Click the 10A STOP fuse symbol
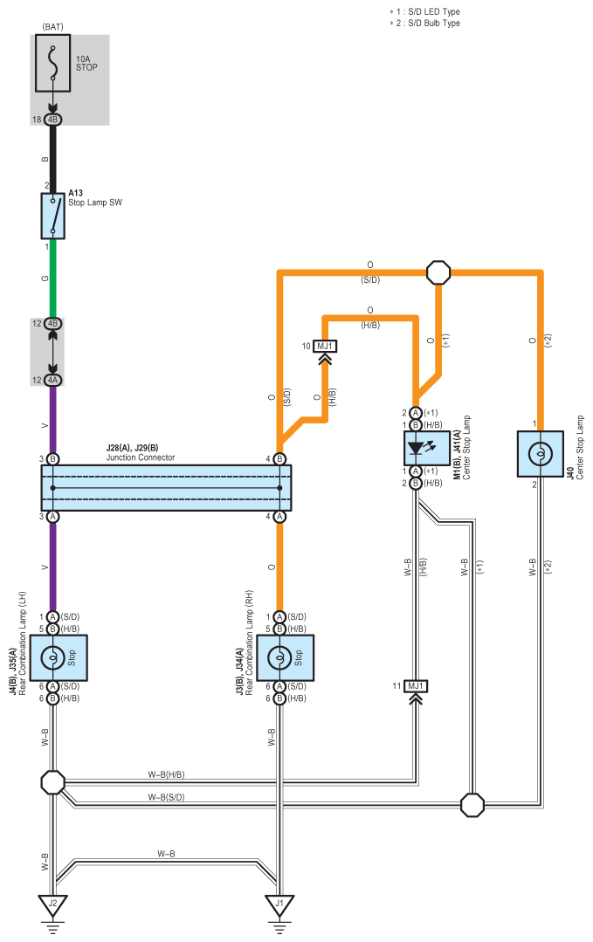pyautogui.click(x=53, y=63)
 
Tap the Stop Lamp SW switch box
pyautogui.click(x=53, y=216)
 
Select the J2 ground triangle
pyautogui.click(x=53, y=905)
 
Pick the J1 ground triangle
pyautogui.click(x=279, y=905)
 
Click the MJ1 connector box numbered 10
pyautogui.click(x=325, y=346)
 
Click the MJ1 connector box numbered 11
pyautogui.click(x=415, y=686)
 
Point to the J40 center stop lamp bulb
pyautogui.click(x=540, y=454)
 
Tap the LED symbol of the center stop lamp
pyautogui.click(x=415, y=448)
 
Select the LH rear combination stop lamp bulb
pyautogui.click(x=53, y=658)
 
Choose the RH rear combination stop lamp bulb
pyautogui.click(x=279, y=658)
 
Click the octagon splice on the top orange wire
pyautogui.click(x=438, y=272)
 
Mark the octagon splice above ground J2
pyautogui.click(x=53, y=782)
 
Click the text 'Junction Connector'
pyautogui.click(x=141, y=457)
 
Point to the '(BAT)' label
pyautogui.click(x=53, y=27)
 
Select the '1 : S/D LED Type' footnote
pyautogui.click(x=429, y=11)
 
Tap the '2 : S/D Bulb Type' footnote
pyautogui.click(x=429, y=23)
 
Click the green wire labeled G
pyautogui.click(x=53, y=278)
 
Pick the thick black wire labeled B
pyautogui.click(x=53, y=159)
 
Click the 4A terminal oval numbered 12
pyautogui.click(x=53, y=381)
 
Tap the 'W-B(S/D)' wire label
pyautogui.click(x=167, y=797)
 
